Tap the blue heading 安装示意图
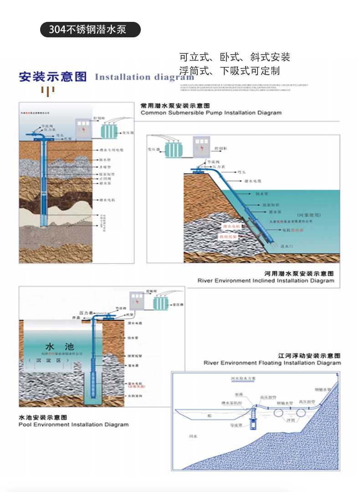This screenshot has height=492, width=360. [x=52, y=76]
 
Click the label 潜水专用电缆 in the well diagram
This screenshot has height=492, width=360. [x=111, y=149]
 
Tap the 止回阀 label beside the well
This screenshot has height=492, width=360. [x=105, y=179]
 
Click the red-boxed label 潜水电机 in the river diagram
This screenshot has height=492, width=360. [x=231, y=226]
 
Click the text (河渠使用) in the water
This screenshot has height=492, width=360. [x=309, y=214]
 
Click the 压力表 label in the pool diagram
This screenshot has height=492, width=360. [x=86, y=313]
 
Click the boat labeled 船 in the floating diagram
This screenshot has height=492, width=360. [x=209, y=415]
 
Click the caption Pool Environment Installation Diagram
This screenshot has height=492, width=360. [x=73, y=425]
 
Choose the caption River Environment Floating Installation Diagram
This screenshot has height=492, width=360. [x=272, y=363]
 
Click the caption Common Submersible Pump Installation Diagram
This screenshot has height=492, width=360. [x=211, y=113]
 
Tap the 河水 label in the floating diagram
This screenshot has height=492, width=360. [x=193, y=436]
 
